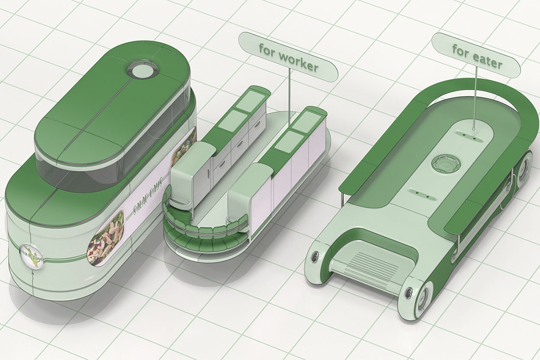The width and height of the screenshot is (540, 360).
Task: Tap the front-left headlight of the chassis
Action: [314, 257]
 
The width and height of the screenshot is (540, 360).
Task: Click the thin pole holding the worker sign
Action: [291, 101]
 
